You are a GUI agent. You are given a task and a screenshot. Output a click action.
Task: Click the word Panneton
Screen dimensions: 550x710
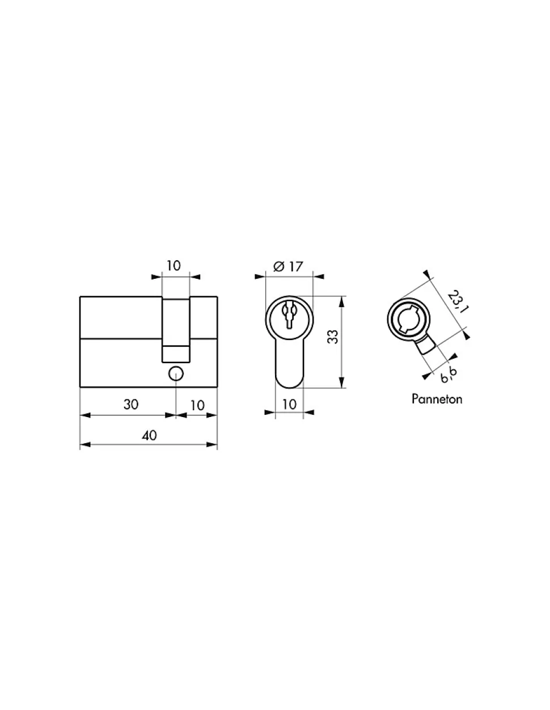[437, 399]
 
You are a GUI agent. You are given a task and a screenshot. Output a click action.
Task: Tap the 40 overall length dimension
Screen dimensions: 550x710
[149, 435]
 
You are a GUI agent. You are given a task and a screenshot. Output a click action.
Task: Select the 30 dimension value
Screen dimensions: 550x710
[131, 405]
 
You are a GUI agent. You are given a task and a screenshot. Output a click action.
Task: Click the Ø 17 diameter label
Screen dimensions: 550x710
[288, 267]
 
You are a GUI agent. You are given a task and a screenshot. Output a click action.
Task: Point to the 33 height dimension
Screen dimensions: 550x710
[333, 337]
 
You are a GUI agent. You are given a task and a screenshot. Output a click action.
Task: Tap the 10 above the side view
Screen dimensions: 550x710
[174, 266]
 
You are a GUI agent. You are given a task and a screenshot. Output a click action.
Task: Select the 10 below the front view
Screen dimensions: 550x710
[289, 405]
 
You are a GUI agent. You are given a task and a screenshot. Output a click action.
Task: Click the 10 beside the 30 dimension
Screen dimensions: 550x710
[197, 406]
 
